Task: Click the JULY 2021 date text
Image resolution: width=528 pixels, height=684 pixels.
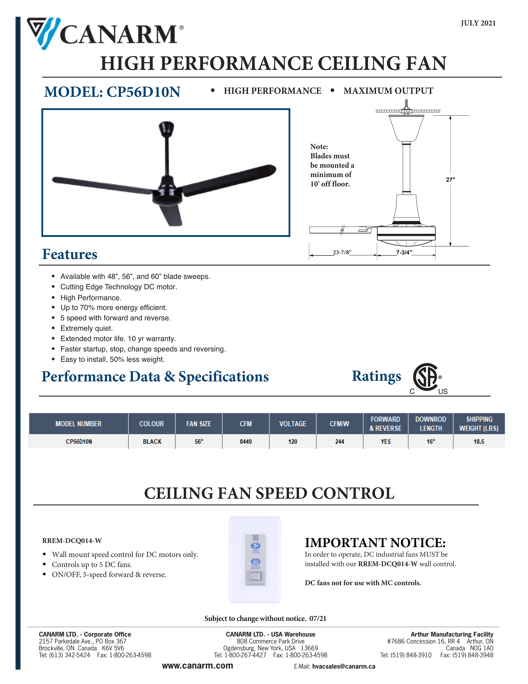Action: point(478,23)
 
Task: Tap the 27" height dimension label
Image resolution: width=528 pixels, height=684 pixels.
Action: point(450,179)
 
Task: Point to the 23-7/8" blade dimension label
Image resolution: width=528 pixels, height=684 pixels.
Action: point(342,252)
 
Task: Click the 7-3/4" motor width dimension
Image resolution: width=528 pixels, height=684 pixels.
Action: point(404,252)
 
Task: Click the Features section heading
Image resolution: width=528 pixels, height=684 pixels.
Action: point(70,254)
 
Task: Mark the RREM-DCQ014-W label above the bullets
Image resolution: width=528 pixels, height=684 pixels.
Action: point(72,541)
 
